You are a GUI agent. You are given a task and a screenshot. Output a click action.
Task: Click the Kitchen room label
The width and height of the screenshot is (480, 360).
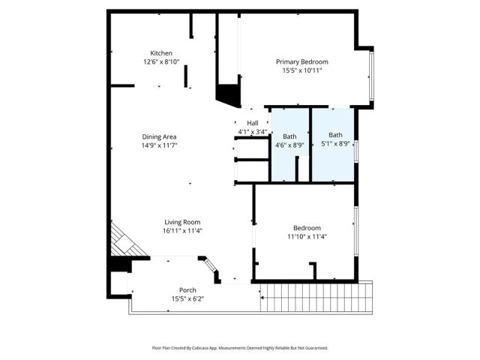161,53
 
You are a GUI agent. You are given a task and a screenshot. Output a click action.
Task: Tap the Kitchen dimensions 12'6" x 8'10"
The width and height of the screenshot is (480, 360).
161,62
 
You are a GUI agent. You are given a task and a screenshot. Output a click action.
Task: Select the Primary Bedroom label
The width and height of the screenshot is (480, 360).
301,61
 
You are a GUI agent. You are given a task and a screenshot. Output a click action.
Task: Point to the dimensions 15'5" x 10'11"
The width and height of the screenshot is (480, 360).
301,70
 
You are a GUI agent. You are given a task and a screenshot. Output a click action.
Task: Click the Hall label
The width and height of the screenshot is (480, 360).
252,123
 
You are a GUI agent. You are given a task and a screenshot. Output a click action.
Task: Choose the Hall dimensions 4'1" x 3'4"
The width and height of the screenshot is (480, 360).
252,132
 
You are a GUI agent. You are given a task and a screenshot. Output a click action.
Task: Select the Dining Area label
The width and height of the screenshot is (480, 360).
159,136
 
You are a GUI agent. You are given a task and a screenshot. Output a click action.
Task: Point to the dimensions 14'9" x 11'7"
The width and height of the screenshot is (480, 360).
159,145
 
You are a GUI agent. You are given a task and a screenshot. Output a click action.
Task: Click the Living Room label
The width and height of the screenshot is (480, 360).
183,222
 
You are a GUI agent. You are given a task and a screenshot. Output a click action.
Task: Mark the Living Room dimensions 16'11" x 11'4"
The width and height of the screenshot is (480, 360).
183,231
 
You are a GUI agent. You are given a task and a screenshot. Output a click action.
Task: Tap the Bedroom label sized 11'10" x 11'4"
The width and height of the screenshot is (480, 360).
306,228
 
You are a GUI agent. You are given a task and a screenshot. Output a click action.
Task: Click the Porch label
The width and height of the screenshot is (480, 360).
187,289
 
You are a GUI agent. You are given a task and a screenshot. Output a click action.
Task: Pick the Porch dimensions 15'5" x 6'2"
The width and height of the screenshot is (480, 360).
187,298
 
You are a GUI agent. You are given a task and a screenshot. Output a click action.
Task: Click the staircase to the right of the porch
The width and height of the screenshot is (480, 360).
316,296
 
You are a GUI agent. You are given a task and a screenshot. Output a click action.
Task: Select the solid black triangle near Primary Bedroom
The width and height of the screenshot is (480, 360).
226,94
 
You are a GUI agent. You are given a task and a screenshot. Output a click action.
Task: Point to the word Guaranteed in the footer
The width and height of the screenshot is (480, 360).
313,349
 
